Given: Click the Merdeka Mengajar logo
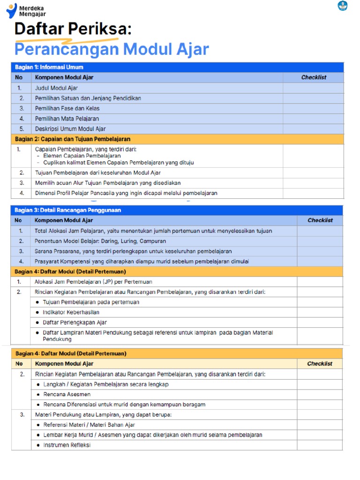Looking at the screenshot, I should coord(26,10).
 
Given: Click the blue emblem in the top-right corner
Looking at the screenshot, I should coord(343,6).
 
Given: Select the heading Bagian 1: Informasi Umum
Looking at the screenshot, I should coord(49,67).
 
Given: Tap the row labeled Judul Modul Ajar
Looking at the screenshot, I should coord(56,88).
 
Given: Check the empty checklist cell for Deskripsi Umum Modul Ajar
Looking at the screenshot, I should coord(313,129).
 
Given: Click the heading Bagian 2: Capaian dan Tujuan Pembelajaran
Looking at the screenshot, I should coord(73,139).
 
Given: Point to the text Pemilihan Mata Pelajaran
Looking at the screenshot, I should coord(67,119).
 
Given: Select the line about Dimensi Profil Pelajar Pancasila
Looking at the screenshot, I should coord(126,193).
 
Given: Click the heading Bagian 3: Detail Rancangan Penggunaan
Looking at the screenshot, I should coord(67,210).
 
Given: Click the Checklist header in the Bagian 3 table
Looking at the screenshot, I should coord(320,220).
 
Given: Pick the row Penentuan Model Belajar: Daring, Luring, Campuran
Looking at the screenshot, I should coord(100,241).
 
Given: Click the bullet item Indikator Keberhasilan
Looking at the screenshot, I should coord(71,312).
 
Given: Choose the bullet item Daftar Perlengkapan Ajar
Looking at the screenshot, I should coord(75,322).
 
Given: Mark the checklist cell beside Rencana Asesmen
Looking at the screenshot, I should coord(320,394).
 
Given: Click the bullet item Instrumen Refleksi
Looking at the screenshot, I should coord(67,445).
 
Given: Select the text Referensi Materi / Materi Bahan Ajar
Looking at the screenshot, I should coord(89,425).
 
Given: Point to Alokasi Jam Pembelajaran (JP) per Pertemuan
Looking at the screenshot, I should coord(93,282).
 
